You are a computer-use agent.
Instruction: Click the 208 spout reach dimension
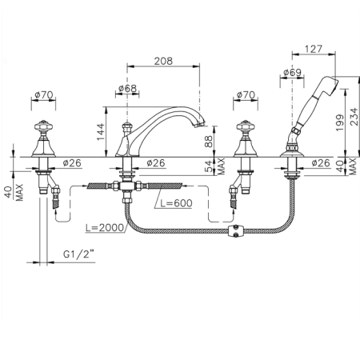click(163, 61)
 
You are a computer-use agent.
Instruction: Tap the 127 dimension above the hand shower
click(314, 49)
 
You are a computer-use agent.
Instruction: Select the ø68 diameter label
click(127, 88)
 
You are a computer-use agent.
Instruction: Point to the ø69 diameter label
click(292, 72)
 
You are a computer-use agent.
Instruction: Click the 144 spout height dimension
click(101, 132)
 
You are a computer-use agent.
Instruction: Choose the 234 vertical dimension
click(354, 117)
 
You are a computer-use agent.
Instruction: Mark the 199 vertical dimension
click(340, 122)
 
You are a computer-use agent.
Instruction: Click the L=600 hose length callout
click(176, 203)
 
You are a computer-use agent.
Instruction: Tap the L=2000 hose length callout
click(105, 227)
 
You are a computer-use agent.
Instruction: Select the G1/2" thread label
click(79, 254)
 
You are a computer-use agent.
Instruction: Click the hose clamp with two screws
click(236, 231)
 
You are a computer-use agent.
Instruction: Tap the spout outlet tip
click(200, 125)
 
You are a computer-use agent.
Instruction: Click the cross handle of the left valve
click(44, 126)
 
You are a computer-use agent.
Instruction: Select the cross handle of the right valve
click(246, 126)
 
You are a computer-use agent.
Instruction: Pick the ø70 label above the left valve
click(44, 94)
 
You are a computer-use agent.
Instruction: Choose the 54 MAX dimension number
click(210, 166)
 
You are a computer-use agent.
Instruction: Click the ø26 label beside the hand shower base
click(320, 162)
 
